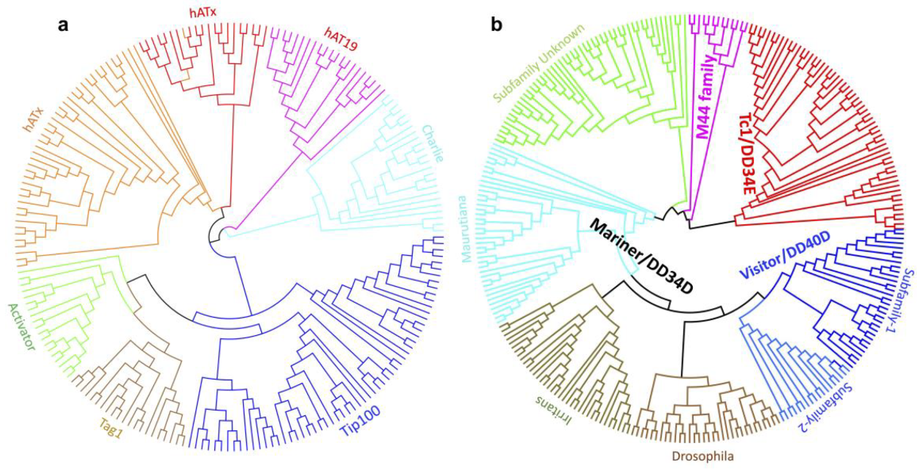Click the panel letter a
[x=64, y=24]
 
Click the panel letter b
[x=497, y=24]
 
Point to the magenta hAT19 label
[x=340, y=38]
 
